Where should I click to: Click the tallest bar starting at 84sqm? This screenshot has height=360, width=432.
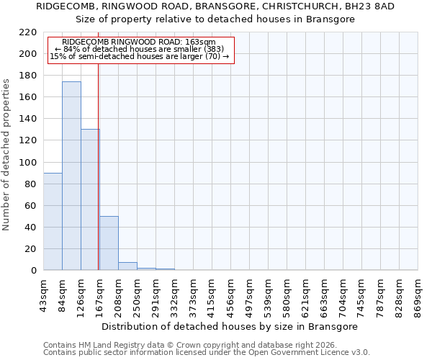point(71,176)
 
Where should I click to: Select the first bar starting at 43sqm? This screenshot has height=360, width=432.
point(53,221)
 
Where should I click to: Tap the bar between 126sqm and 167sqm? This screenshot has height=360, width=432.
point(90,199)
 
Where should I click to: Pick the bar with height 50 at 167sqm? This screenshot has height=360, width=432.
point(109,243)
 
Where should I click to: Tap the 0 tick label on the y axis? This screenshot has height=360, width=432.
point(34,271)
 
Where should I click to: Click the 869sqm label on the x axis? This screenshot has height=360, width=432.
point(418,297)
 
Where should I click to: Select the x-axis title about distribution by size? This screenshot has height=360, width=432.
point(230,326)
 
